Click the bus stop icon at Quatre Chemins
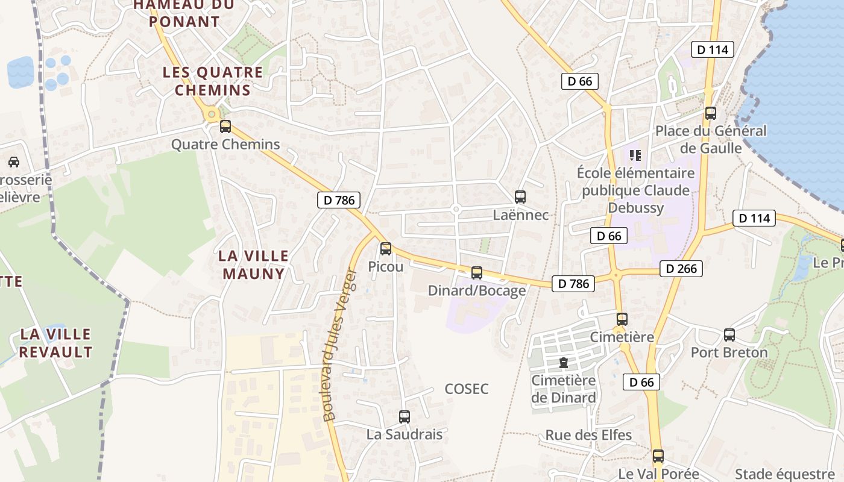pyautogui.click(x=225, y=127)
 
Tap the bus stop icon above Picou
pyautogui.click(x=386, y=248)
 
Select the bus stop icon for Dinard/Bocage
pyautogui.click(x=477, y=273)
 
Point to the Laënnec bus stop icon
pyautogui.click(x=520, y=196)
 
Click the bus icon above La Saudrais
pyautogui.click(x=405, y=416)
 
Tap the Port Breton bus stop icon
pyautogui.click(x=729, y=335)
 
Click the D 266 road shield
pyautogui.click(x=682, y=269)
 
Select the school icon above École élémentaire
pyautogui.click(x=635, y=155)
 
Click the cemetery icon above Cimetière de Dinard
pyautogui.click(x=563, y=363)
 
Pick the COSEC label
pyautogui.click(x=467, y=389)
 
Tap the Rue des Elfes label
pyautogui.click(x=588, y=435)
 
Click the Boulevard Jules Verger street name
pyautogui.click(x=340, y=345)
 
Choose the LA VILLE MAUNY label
pyautogui.click(x=253, y=264)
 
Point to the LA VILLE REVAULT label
pyautogui.click(x=55, y=343)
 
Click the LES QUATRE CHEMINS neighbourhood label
pyautogui.click(x=213, y=81)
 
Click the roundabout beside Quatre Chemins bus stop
pyautogui.click(x=211, y=114)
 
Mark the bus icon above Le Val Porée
pyautogui.click(x=658, y=456)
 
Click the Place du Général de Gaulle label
pyautogui.click(x=711, y=139)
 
